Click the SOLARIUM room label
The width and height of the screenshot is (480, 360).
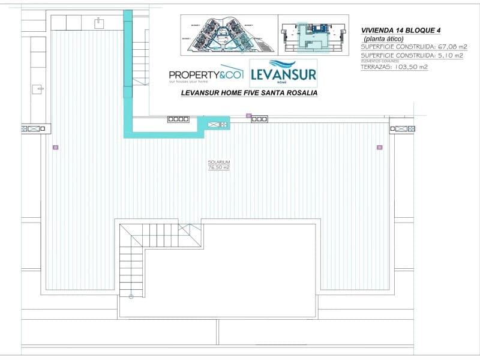point(218,163)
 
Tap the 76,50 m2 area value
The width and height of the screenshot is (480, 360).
point(218,168)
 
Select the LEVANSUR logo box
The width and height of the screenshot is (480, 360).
point(283,73)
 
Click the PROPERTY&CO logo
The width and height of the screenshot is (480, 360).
point(206,74)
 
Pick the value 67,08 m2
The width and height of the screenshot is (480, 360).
point(451,47)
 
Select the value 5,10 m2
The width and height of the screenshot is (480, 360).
point(449,55)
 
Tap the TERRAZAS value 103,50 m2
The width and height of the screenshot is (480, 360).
point(410,67)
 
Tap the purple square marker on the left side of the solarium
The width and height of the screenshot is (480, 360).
point(55,146)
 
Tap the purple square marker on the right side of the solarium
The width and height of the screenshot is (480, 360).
point(379,146)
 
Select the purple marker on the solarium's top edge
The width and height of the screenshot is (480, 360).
point(248,115)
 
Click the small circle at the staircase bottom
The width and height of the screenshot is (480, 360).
point(131,296)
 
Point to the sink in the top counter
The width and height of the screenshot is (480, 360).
point(98,22)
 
